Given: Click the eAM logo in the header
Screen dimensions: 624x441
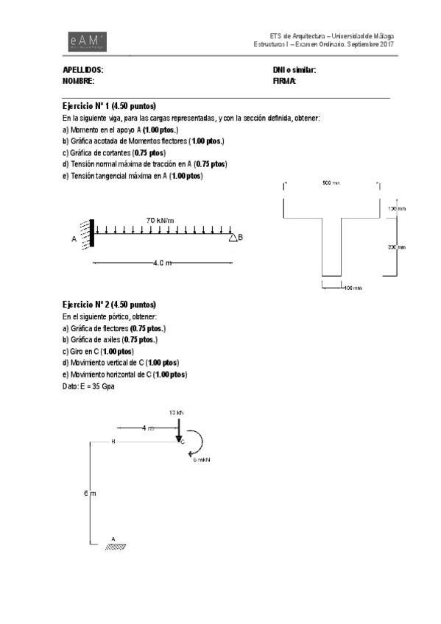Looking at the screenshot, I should coord(85,42).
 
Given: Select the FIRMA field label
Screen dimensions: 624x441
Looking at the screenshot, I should coord(284,81).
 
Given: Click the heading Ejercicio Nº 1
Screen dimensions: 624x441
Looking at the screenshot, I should coord(109,106).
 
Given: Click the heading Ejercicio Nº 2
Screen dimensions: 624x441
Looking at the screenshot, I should coord(109,304).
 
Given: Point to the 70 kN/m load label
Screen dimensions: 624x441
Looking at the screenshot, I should coord(160,220).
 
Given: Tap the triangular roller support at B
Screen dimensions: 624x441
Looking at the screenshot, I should coord(232,237).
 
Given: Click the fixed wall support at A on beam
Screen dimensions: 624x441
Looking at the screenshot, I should coord(92,233).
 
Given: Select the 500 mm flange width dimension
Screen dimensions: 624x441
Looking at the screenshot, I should coord(331,183).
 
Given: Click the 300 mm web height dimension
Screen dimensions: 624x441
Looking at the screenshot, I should coord(396,247).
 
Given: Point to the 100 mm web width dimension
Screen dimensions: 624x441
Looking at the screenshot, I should coord(353,288).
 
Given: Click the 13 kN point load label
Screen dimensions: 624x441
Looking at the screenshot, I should coord(177,414).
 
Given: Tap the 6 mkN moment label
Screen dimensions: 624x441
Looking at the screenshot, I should coord(202,460).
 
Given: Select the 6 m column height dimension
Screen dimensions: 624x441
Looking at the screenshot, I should coord(86,493).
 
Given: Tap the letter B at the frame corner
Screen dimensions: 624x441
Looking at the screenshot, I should coord(113,442).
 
